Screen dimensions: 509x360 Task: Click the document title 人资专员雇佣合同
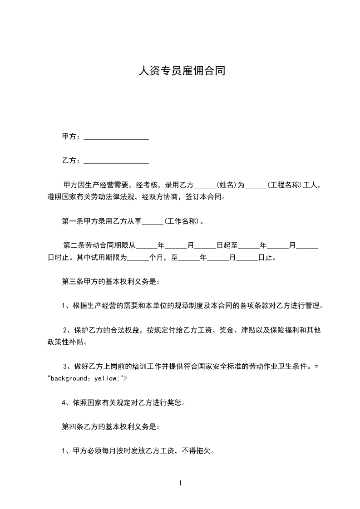[x=181, y=71]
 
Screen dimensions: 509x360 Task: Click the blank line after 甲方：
[x=116, y=137]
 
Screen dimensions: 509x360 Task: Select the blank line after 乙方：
[x=116, y=161]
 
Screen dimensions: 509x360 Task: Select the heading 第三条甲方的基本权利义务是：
[x=110, y=282]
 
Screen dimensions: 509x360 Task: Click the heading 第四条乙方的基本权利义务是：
[x=110, y=426]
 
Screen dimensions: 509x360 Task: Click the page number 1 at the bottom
[x=180, y=483]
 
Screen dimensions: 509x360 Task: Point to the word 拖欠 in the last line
[x=204, y=451]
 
